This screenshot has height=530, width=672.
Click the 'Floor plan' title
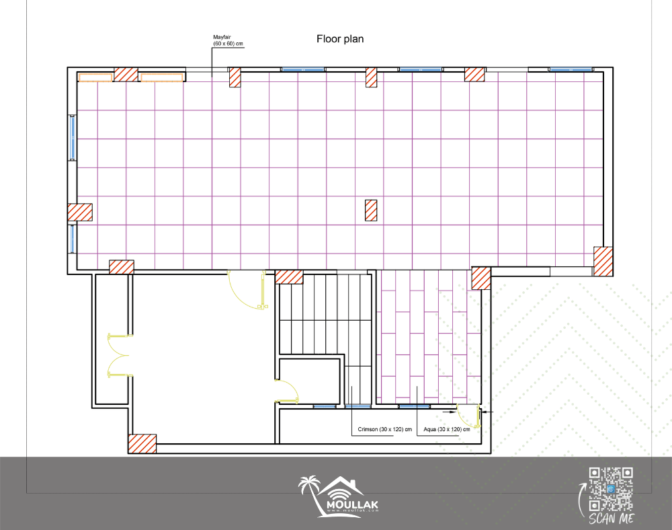[x=340, y=39]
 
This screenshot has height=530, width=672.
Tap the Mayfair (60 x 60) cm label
[x=228, y=40]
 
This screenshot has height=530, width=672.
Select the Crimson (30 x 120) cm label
[x=385, y=429]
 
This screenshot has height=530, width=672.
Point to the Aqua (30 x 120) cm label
[x=447, y=429]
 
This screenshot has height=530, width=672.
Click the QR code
[x=611, y=489]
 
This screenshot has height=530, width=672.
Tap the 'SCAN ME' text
[x=611, y=519]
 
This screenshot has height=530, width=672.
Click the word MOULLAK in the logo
[x=352, y=504]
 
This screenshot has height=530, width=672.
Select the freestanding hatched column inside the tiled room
[x=371, y=211]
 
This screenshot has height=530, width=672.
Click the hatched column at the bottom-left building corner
[x=142, y=444]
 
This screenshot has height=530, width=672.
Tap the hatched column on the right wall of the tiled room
[x=603, y=261]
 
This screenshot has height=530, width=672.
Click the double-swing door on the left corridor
[x=119, y=356]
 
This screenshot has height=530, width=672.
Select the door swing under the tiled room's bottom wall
[x=247, y=289]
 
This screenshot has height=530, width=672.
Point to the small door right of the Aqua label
[x=468, y=415]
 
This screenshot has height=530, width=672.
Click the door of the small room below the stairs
[x=287, y=391]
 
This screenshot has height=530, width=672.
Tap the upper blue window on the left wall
[x=73, y=137]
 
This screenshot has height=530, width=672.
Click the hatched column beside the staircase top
[x=289, y=277]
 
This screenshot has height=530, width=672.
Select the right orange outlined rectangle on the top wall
[x=162, y=77]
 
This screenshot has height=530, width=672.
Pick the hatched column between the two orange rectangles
[x=126, y=75]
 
